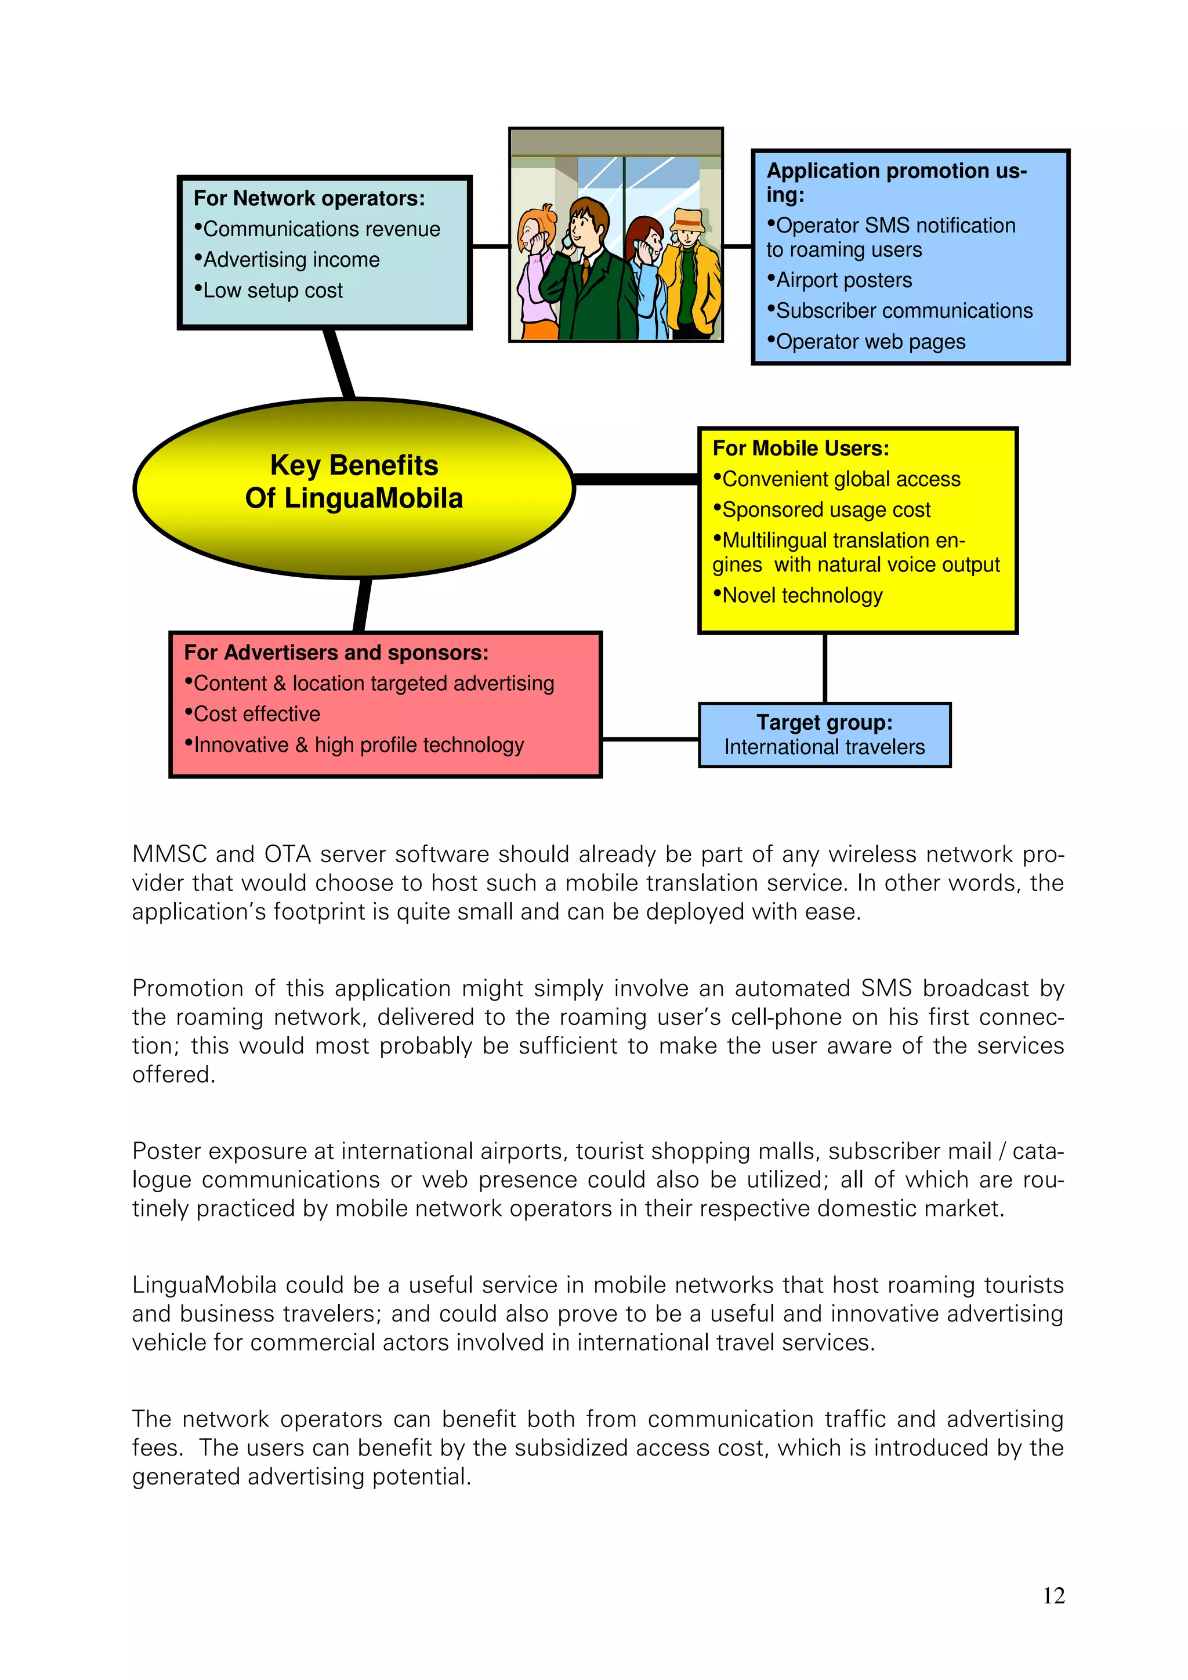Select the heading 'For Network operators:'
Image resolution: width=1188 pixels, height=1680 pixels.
[309, 198]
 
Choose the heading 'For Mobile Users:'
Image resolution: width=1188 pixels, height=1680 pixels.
[801, 448]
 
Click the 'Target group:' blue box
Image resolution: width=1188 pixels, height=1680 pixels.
[824, 734]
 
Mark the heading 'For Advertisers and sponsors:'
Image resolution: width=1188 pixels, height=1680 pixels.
[336, 653]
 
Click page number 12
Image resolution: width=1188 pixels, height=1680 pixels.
[1053, 1595]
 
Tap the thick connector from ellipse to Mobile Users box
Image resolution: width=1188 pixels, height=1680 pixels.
[636, 479]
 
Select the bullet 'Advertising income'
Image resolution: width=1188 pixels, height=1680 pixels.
[291, 260]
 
